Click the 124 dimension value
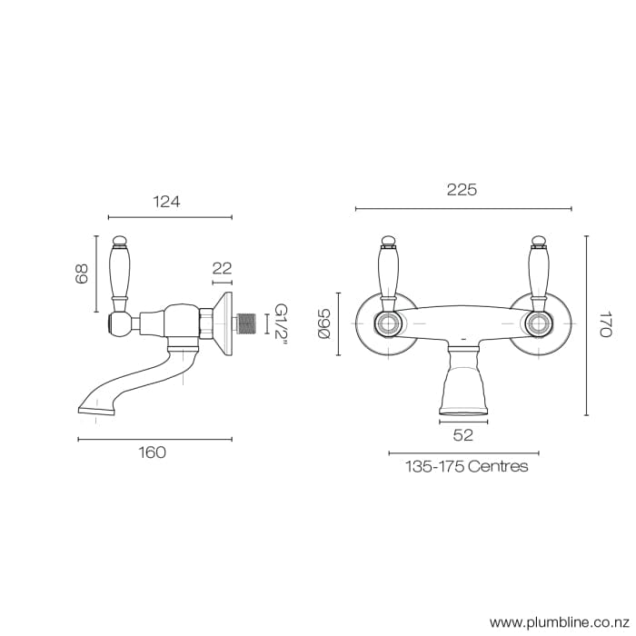(166, 202)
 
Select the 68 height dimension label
(81, 273)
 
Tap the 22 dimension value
(222, 268)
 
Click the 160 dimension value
(152, 452)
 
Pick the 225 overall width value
(462, 190)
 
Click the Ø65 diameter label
(323, 324)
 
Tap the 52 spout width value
(462, 435)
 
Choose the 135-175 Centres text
(466, 466)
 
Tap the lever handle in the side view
(119, 273)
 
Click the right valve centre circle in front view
(537, 323)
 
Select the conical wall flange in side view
(225, 323)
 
